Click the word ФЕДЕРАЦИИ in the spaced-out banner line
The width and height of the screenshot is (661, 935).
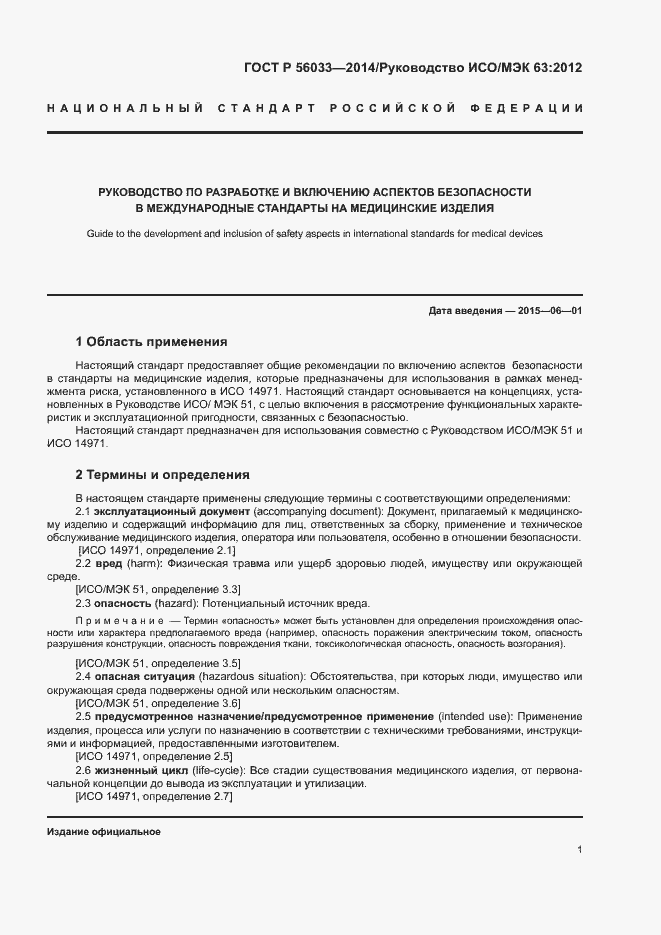click(530, 107)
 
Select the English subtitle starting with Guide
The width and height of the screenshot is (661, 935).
click(329, 233)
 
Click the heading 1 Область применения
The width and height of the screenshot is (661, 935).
click(152, 341)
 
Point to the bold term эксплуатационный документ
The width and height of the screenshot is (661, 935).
click(171, 511)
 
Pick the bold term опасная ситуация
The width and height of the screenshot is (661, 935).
click(145, 677)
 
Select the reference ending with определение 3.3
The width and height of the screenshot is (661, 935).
click(158, 590)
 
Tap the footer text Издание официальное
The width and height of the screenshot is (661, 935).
click(104, 832)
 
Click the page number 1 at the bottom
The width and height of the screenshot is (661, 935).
click(580, 850)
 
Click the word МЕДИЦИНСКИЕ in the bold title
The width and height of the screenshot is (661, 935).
click(393, 209)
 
